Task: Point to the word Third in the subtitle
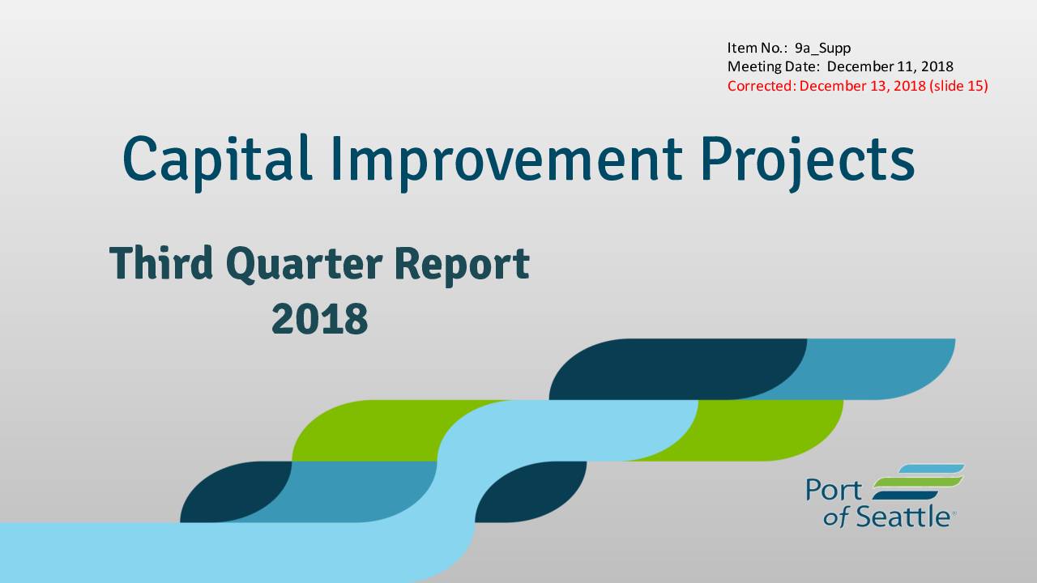point(160,263)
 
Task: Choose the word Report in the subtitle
point(462,266)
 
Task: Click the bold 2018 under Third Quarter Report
point(320,318)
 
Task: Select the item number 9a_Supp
point(822,49)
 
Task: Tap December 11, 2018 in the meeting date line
point(890,67)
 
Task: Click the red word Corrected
point(762,86)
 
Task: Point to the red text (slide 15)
point(958,87)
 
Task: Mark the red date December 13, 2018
point(863,87)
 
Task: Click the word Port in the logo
point(834,490)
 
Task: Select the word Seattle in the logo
point(903,517)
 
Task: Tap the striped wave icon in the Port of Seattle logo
point(919,482)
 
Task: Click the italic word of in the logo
point(836,518)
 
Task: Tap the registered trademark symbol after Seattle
point(954,513)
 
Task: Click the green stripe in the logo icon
point(919,483)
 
